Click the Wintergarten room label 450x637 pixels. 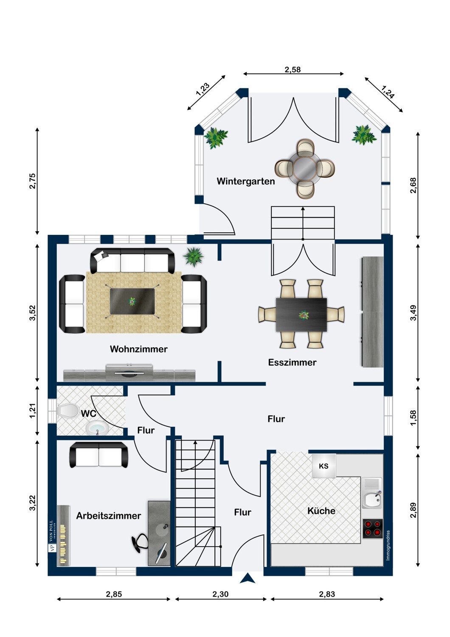pyautogui.click(x=246, y=181)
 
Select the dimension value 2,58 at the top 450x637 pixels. pyautogui.click(x=292, y=70)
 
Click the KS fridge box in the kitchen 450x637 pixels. pyautogui.click(x=323, y=466)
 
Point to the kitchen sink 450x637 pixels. pyautogui.click(x=372, y=498)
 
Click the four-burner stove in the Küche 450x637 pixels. pyautogui.click(x=373, y=529)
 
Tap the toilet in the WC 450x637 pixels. pyautogui.click(x=68, y=411)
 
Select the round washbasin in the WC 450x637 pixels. pyautogui.click(x=97, y=428)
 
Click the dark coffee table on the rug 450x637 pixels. pyautogui.click(x=132, y=302)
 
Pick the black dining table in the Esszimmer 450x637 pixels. pyautogui.click(x=301, y=315)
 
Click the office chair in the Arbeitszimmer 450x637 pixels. pyautogui.click(x=140, y=543)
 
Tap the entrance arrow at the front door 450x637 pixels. pyautogui.click(x=247, y=578)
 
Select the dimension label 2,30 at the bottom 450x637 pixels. pyautogui.click(x=220, y=594)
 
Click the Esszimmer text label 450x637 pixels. pyautogui.click(x=292, y=363)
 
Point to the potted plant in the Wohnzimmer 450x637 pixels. pyautogui.click(x=193, y=256)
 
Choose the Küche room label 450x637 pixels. pyautogui.click(x=321, y=511)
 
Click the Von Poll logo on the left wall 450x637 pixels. pyautogui.click(x=52, y=536)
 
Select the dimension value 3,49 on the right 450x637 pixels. pyautogui.click(x=413, y=313)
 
